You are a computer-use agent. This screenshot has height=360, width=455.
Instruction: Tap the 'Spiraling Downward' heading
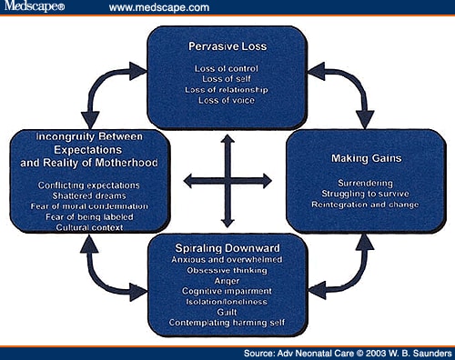[x=227, y=246]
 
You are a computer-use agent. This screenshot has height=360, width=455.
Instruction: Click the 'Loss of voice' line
[x=227, y=102]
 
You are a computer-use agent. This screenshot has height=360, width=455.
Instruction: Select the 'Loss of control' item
[x=227, y=68]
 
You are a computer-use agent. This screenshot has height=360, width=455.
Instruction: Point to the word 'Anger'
[x=227, y=281]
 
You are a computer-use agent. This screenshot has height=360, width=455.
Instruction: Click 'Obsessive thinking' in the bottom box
[x=227, y=270]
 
